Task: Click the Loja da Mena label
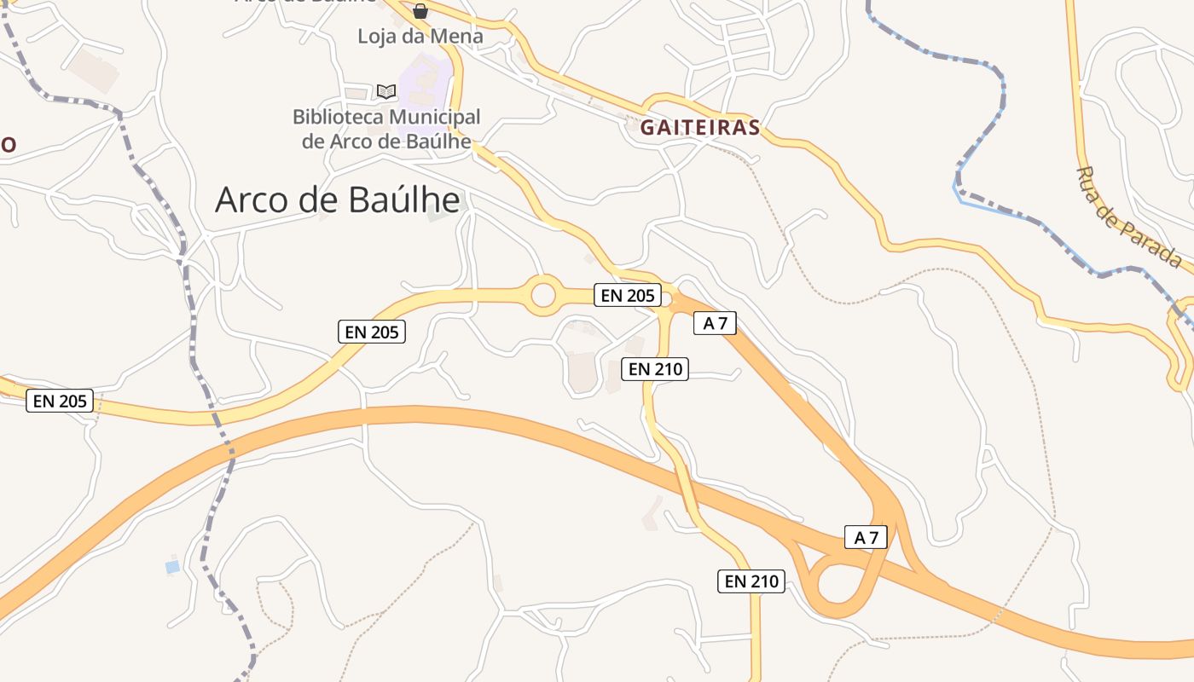(420, 37)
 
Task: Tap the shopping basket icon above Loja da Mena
(420, 11)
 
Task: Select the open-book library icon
(386, 91)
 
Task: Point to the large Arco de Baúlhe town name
(338, 200)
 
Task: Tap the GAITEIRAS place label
(699, 128)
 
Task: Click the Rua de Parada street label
(1127, 217)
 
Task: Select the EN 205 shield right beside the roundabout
(629, 295)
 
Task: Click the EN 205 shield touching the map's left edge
(59, 401)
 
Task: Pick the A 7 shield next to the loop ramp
(866, 537)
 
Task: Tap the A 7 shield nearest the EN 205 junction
(715, 323)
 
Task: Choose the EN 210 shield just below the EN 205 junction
(654, 369)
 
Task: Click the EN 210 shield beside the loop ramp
(751, 581)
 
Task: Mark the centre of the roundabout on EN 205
(543, 296)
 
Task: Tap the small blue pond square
(172, 566)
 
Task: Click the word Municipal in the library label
(432, 117)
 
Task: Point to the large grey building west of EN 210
(583, 373)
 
